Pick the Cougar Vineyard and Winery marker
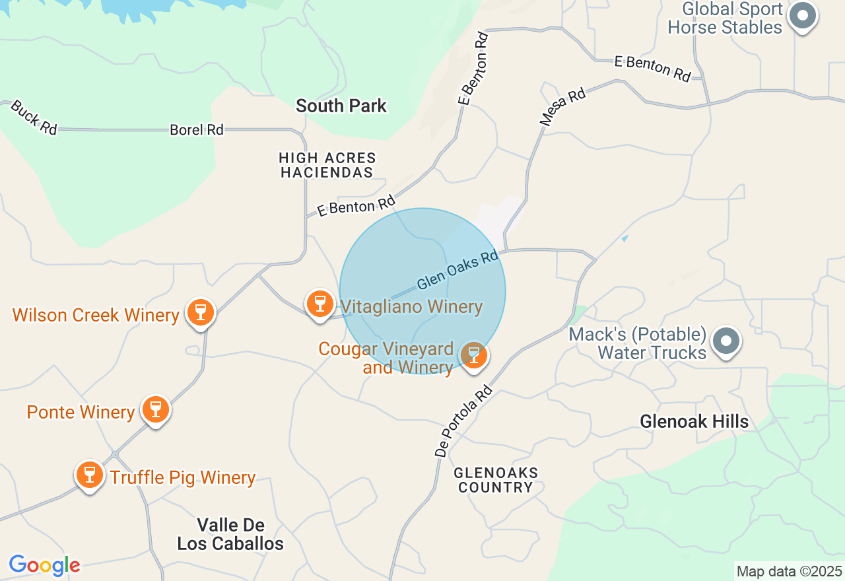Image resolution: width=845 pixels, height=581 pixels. pos(473,355)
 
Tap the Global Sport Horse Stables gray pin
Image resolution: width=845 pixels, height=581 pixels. pos(803,15)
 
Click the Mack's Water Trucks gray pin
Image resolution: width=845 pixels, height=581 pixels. pos(727,341)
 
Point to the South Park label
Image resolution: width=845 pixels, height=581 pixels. pos(341,106)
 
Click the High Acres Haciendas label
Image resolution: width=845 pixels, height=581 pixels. pos(327,165)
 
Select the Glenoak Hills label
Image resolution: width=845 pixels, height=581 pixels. pos(694,421)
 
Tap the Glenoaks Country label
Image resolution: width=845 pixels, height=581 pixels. pos(496,480)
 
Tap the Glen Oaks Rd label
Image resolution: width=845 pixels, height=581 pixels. pos(457,269)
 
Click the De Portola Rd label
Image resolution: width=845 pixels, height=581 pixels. pos(464,422)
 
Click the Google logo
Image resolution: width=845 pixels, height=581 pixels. pos(44,566)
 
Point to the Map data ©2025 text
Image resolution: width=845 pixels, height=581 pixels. pos(789,571)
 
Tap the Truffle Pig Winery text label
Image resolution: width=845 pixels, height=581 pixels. pos(183,477)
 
